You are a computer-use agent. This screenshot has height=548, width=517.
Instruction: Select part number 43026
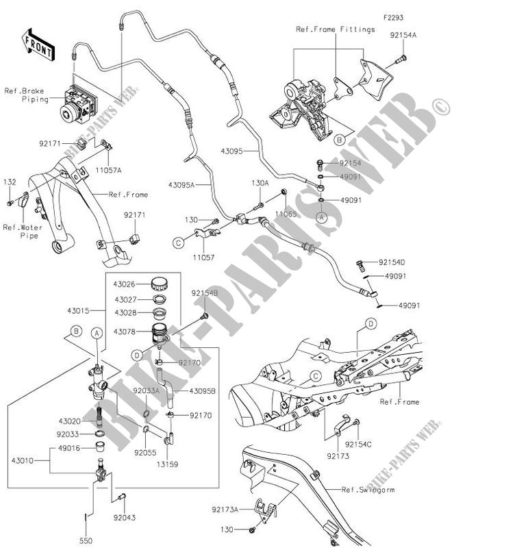click(x=125, y=284)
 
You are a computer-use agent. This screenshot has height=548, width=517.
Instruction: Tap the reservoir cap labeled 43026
click(x=160, y=283)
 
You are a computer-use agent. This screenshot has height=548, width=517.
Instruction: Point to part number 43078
click(x=125, y=332)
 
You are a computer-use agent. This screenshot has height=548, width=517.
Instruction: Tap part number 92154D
click(x=392, y=262)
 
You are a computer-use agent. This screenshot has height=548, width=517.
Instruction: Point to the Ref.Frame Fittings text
click(x=336, y=29)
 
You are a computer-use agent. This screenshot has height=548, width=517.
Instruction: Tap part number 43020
click(x=71, y=421)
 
